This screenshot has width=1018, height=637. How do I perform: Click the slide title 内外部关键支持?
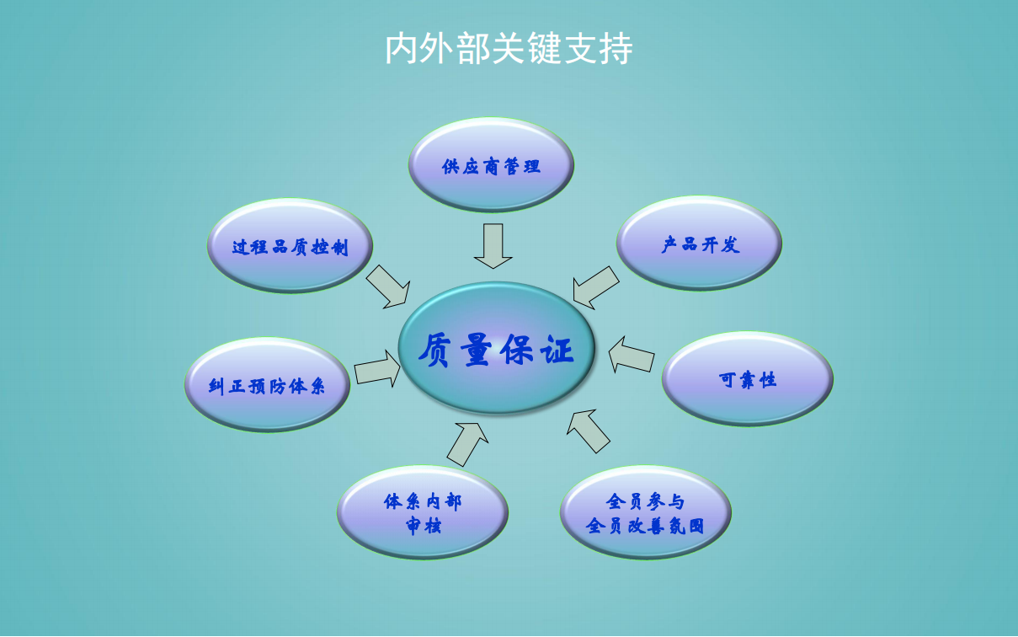click(509, 49)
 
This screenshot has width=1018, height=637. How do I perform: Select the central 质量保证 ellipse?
click(497, 348)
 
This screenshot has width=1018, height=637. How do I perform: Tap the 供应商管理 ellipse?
click(491, 165)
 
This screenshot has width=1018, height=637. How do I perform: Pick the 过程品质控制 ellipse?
click(290, 246)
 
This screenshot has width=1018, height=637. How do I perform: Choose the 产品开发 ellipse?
click(699, 244)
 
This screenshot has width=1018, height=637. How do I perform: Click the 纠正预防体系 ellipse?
click(267, 385)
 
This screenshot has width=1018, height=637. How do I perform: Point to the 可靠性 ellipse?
click(747, 379)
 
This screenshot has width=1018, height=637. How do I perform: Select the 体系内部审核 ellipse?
click(423, 512)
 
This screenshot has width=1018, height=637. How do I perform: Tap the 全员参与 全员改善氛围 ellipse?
click(645, 512)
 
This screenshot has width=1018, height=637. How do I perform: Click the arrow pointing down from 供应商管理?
click(493, 245)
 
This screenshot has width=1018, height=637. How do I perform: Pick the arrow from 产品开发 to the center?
click(595, 287)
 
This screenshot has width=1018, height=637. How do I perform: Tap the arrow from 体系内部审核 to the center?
click(468, 443)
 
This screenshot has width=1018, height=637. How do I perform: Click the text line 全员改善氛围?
click(645, 526)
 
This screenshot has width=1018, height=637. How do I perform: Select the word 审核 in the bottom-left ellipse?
click(423, 526)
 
